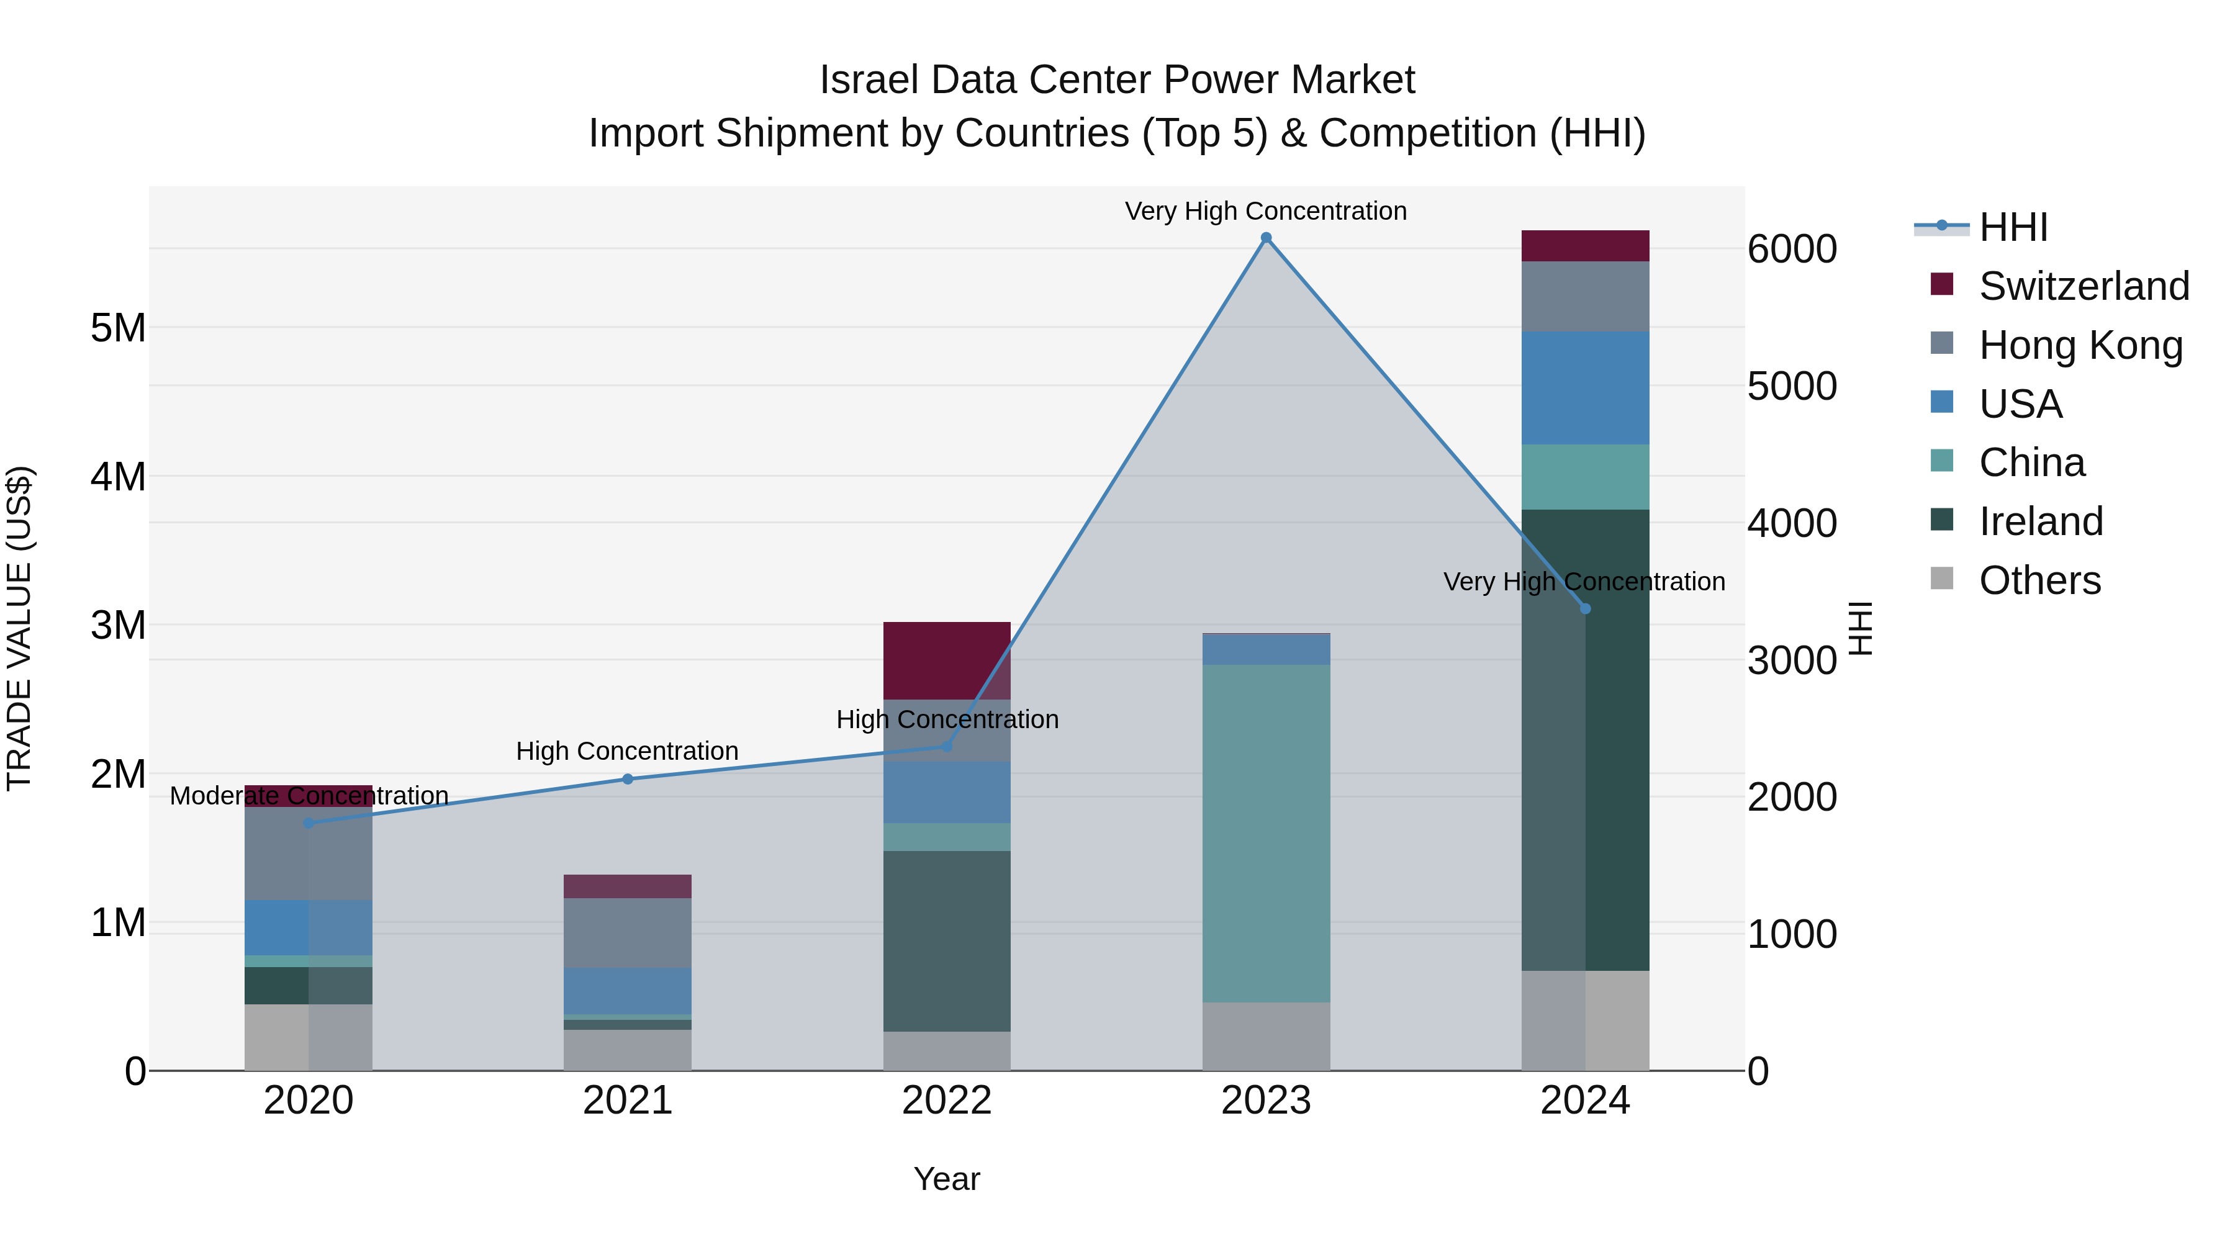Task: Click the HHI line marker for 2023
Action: point(1266,238)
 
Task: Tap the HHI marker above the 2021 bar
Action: point(628,779)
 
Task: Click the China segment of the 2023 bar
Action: point(1266,833)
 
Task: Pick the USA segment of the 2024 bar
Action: point(1585,388)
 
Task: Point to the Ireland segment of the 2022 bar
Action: point(947,940)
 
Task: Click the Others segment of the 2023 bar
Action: point(1266,1036)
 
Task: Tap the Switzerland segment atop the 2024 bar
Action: point(1585,245)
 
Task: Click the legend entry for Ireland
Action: point(2040,521)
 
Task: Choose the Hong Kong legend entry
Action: point(2080,345)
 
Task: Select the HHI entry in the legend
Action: point(2013,227)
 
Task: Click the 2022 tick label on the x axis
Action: point(947,1101)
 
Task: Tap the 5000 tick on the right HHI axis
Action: point(1792,387)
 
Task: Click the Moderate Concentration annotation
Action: point(309,796)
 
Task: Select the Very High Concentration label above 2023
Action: point(1265,211)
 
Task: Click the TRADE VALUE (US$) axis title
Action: point(19,628)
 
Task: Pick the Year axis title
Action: point(947,1179)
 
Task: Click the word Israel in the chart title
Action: point(869,80)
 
